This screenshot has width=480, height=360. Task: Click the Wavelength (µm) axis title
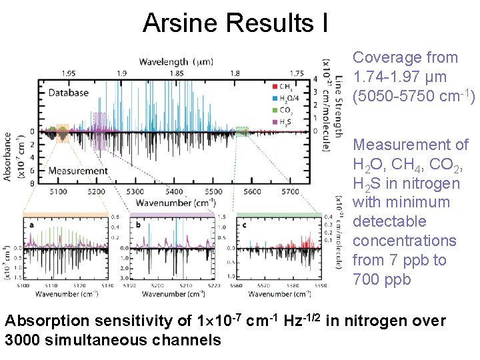tap(176, 62)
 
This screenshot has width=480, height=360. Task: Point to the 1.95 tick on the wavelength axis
tap(68, 73)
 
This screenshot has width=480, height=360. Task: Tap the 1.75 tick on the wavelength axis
tap(297, 73)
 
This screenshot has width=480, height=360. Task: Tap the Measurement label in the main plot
tap(78, 171)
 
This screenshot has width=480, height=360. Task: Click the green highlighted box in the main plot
tap(242, 131)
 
